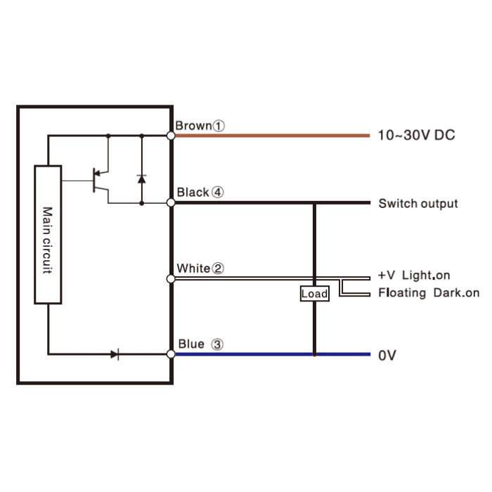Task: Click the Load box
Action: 314,294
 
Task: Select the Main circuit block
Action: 48,235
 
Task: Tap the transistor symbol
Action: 101,181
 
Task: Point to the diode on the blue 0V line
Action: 115,354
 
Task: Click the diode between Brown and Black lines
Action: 142,179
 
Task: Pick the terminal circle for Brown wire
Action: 171,136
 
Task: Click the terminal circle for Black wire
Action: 171,202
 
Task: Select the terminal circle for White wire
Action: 171,278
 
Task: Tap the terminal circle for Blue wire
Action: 171,354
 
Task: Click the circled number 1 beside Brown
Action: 219,126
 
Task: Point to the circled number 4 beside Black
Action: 217,193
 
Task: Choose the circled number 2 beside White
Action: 218,268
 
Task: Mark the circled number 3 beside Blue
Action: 216,344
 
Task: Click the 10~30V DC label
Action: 416,135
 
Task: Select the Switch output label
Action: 418,203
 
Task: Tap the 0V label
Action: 387,356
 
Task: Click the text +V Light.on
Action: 414,276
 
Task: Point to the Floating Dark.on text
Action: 429,293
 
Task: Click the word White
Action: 193,268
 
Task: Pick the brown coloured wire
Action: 273,136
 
